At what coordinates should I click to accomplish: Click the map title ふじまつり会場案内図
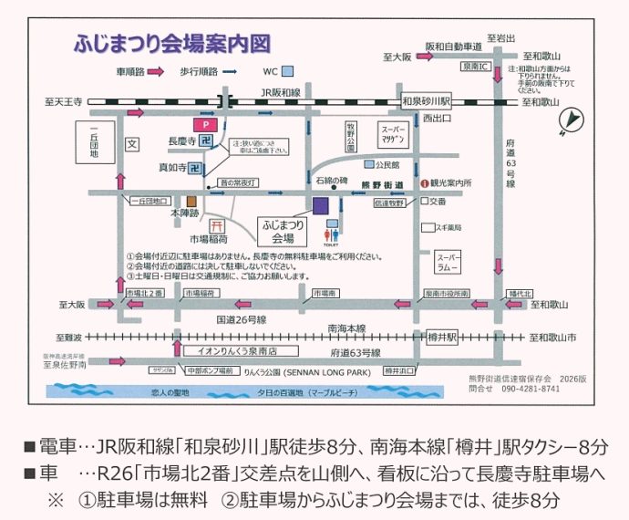[x=172, y=44]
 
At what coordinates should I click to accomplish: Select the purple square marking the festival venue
[x=320, y=205]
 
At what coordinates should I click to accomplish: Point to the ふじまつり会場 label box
[x=284, y=227]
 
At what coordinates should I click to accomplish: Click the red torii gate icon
[x=217, y=225]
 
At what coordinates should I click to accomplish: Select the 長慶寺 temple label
[x=182, y=141]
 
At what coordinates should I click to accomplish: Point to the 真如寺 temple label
[x=172, y=168]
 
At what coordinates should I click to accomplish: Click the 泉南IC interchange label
[x=477, y=68]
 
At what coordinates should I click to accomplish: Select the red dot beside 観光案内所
[x=425, y=182]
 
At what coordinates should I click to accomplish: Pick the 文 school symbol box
[x=131, y=143]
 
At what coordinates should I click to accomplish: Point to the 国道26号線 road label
[x=242, y=320]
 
